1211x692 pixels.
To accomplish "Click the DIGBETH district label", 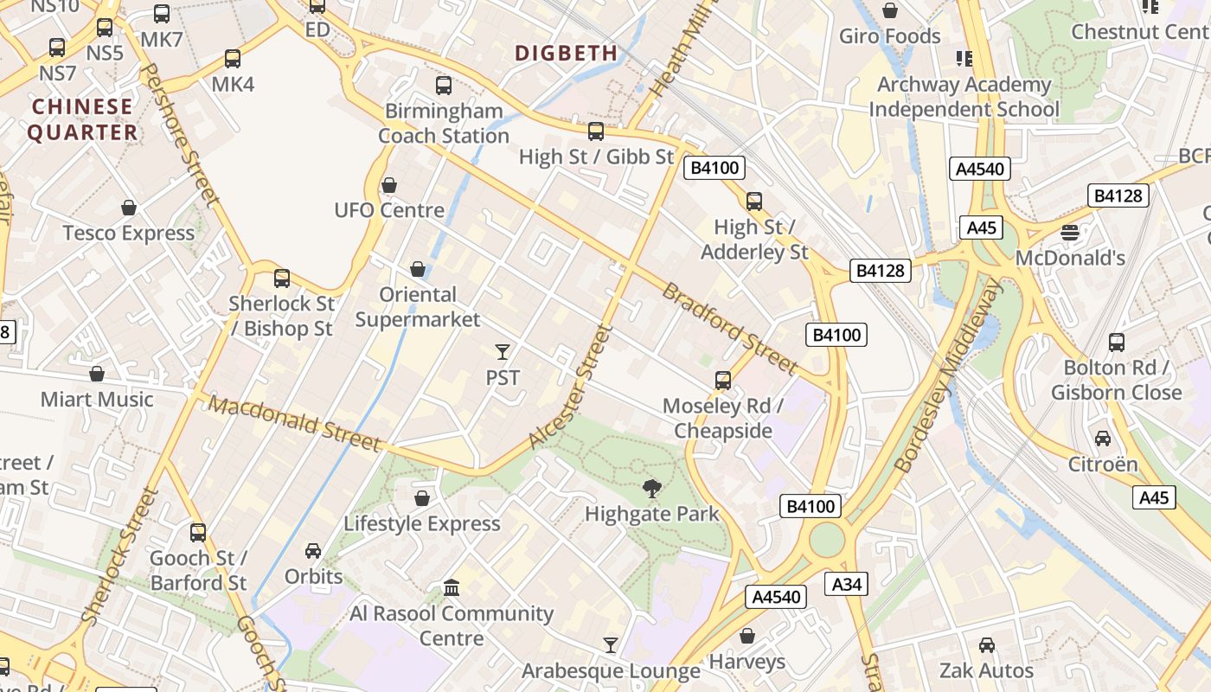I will coord(567,53).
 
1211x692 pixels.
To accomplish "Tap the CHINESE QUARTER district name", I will coord(82,119).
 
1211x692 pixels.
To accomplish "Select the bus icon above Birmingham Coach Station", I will coord(444,85).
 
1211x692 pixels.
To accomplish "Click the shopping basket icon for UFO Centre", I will coord(389,185).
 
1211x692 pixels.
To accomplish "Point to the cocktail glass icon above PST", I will coord(503,351).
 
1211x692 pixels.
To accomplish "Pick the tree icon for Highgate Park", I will coord(652,489).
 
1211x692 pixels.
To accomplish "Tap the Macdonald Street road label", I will coord(294,423).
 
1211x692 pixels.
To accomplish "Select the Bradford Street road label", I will coord(728,327).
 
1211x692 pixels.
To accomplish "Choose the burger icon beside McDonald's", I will coord(1070,232).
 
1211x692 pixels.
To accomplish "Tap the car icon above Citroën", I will coord(1103,439).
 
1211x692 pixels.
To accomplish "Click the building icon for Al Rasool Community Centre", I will coord(451,588).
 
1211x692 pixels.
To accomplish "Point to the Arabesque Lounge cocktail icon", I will coord(611,644).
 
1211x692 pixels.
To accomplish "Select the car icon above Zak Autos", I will coord(986,645).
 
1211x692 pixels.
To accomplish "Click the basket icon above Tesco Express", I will coord(129,208).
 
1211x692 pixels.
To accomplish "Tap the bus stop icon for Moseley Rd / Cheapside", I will coord(723,380).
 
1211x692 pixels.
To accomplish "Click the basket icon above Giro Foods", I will coord(889,10).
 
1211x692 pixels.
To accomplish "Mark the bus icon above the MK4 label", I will coord(233,59).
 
